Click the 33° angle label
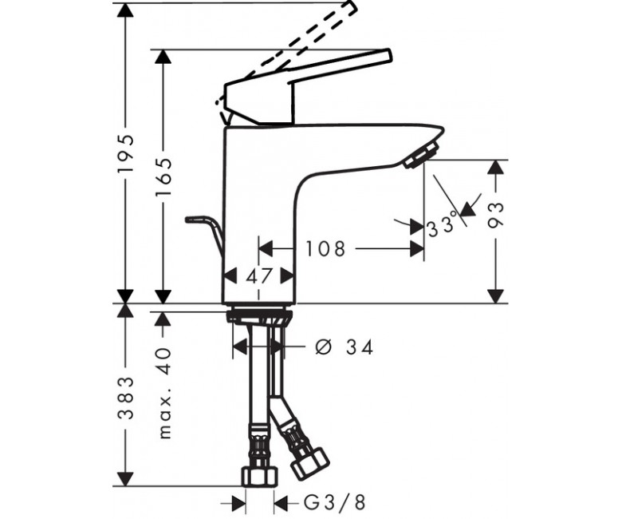443,227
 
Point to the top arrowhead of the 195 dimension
126,11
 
